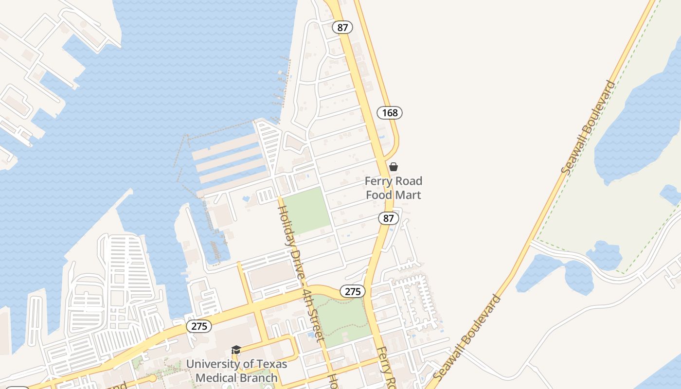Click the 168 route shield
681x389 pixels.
coord(390,113)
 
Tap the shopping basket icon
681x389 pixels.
coord(394,167)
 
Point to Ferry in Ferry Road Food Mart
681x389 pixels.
coord(379,181)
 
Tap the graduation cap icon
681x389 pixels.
coord(236,350)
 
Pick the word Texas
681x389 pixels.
coord(271,364)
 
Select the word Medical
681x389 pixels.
coord(215,377)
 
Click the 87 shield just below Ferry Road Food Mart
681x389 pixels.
coord(388,218)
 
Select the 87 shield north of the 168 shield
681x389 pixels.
coord(343,27)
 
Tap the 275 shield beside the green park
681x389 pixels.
coord(352,291)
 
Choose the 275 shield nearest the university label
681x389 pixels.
coord(199,326)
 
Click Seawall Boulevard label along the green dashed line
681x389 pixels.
coord(589,127)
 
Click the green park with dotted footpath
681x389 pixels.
coord(343,321)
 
